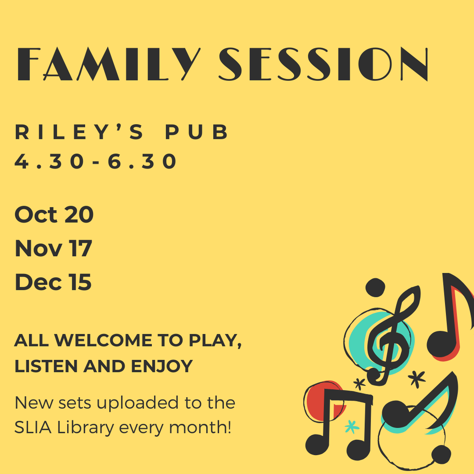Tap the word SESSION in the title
(324, 64)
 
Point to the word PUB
(197, 132)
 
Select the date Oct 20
(54, 214)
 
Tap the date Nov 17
(53, 248)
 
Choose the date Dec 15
(53, 282)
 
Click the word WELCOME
(103, 340)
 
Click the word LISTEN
(46, 366)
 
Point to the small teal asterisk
(352, 426)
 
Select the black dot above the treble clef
(375, 287)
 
